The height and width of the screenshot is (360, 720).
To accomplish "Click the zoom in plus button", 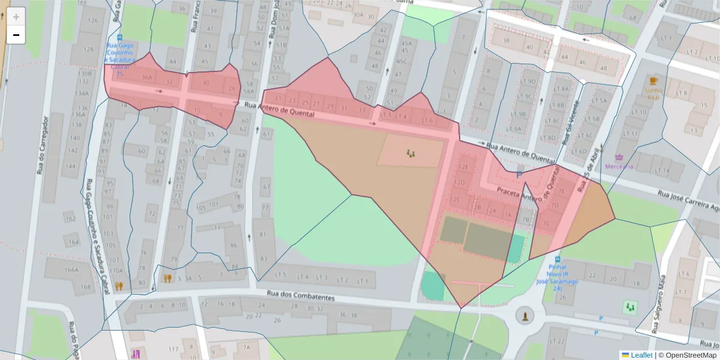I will click(16, 17).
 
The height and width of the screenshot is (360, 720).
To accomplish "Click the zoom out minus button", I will click(16, 35).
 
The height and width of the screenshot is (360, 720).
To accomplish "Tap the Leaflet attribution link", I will click(641, 355).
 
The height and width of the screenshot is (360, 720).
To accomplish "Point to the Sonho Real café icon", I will click(653, 80).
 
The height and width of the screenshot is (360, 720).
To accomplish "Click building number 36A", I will click(146, 77).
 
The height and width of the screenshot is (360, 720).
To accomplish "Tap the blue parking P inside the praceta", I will click(519, 175).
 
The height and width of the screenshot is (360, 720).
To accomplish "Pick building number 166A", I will click(71, 270).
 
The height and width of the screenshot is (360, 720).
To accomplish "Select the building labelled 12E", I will click(463, 166).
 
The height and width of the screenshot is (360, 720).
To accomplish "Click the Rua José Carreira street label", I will click(687, 202).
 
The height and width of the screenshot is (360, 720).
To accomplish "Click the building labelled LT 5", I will click(280, 277).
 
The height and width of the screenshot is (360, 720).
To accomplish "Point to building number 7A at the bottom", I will click(246, 347).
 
